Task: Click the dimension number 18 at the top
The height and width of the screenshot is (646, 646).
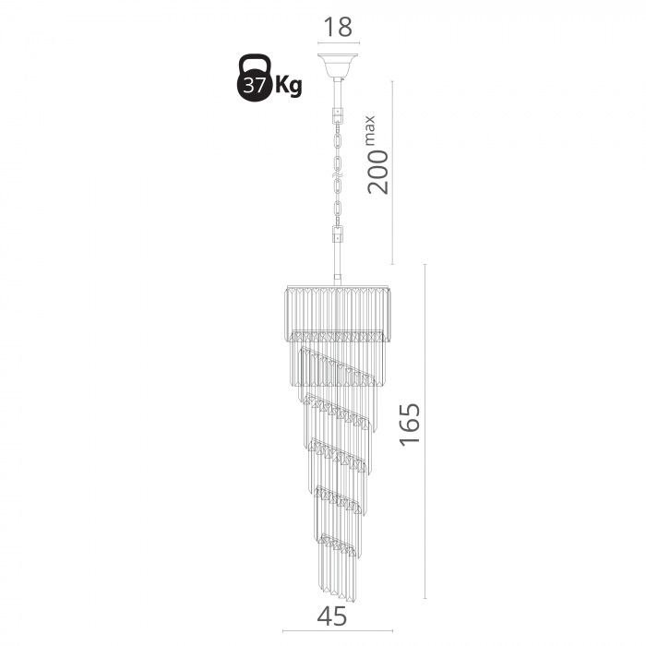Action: tap(339, 27)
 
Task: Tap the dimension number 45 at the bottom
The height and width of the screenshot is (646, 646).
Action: tap(332, 616)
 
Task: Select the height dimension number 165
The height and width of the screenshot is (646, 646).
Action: tap(411, 424)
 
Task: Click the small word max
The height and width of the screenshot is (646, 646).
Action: tap(369, 130)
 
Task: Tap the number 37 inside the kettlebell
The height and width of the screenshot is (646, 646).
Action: tap(254, 86)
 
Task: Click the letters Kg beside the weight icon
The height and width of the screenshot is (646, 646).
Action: tap(288, 86)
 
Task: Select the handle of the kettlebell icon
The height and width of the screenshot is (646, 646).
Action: tap(255, 63)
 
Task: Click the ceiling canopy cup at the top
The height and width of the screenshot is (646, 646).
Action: tap(338, 66)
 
